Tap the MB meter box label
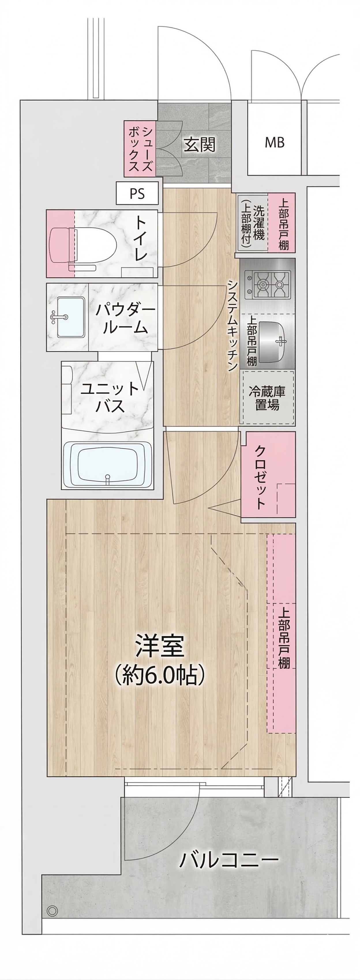click(275, 143)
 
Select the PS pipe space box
click(137, 193)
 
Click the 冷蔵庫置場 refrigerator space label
click(267, 398)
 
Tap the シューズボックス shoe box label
click(140, 149)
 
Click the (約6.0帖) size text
click(160, 675)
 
